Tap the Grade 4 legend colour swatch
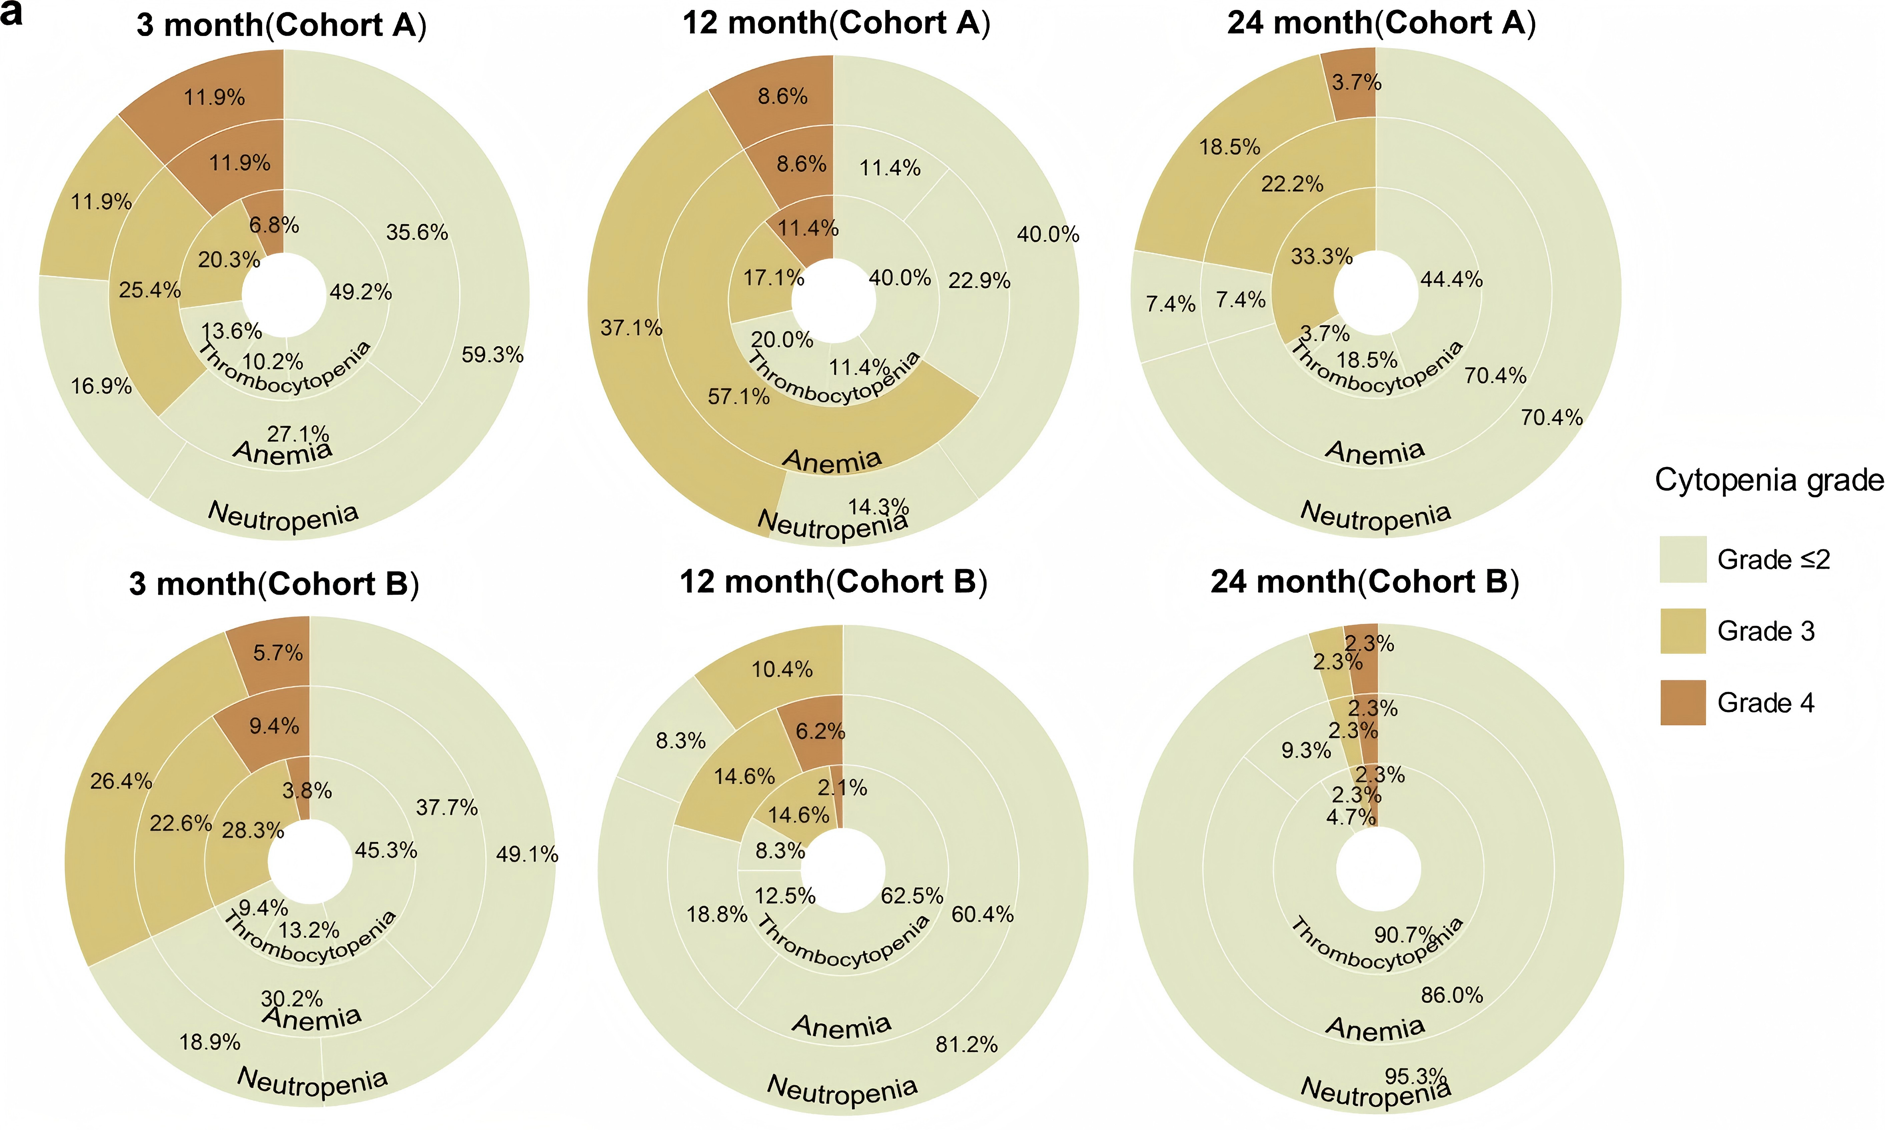(x=1683, y=702)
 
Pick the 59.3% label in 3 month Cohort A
(x=492, y=355)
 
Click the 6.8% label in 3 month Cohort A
(x=273, y=225)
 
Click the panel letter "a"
(x=11, y=12)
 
